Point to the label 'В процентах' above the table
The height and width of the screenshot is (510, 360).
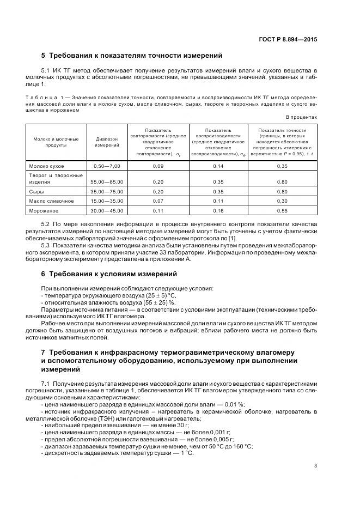301,117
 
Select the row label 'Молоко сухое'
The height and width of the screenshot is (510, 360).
46,165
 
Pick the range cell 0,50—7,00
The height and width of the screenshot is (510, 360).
107,165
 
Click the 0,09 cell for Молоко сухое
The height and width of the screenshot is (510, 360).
158,165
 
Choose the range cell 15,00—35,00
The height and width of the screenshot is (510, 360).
107,201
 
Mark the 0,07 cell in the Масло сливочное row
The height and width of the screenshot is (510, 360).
158,201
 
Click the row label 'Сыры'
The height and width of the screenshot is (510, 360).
36,192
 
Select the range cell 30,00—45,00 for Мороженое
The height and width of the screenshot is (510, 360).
107,210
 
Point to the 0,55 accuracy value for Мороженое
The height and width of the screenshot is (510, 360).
282,210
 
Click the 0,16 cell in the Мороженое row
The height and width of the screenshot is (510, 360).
218,210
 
